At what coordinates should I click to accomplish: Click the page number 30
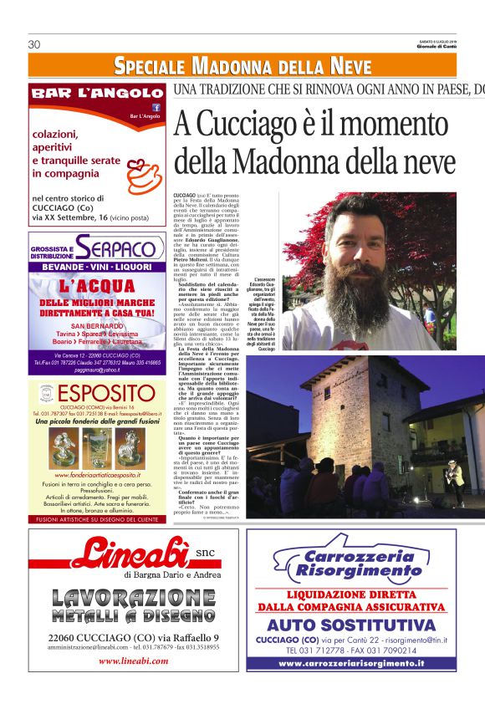(x=34, y=44)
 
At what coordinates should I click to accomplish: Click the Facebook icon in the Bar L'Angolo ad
(x=156, y=107)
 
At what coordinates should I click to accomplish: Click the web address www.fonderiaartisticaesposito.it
(x=96, y=476)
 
